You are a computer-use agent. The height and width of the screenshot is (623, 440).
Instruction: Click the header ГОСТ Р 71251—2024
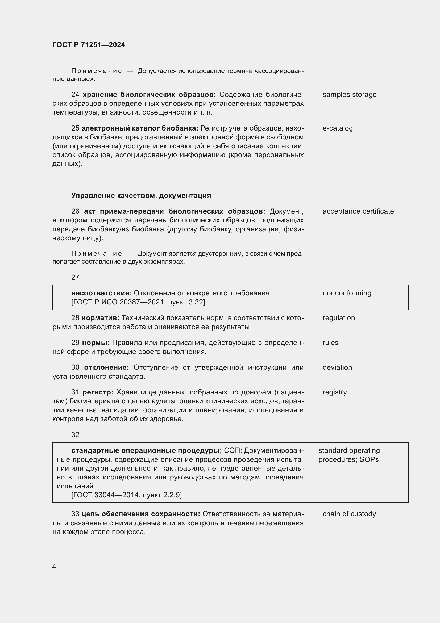click(x=89, y=45)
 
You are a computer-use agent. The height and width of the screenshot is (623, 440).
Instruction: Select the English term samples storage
click(x=349, y=95)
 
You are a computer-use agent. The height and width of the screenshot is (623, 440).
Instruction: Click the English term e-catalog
click(x=337, y=128)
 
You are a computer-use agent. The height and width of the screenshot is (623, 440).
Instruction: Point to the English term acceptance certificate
click(x=358, y=211)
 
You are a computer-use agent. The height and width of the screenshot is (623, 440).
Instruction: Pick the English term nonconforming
click(x=347, y=293)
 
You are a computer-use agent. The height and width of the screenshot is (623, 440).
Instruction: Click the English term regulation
click(x=338, y=318)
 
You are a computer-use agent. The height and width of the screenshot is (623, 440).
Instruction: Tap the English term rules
click(x=330, y=343)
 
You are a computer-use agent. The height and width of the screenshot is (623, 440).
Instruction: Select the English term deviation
click(x=337, y=367)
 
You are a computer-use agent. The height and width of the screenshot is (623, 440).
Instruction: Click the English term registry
click(x=334, y=392)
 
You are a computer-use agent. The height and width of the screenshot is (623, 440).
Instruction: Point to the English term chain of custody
click(x=349, y=514)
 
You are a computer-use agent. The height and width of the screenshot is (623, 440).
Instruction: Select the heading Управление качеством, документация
click(x=141, y=196)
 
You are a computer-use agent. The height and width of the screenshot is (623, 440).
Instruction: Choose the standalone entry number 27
click(x=75, y=277)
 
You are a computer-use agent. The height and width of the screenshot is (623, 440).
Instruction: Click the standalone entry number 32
click(x=75, y=435)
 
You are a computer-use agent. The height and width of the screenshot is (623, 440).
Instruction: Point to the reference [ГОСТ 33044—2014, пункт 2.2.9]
click(x=127, y=495)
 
